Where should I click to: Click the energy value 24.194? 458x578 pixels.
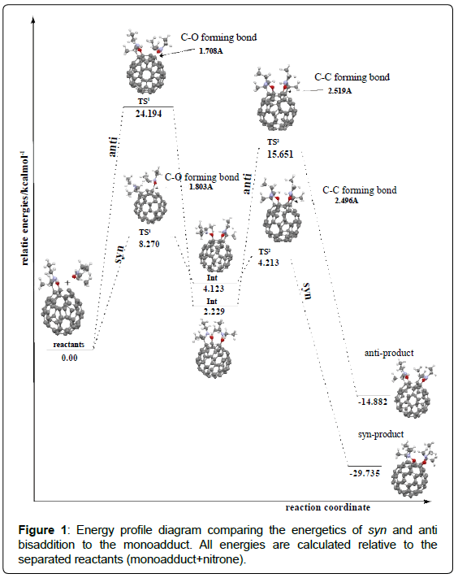149,114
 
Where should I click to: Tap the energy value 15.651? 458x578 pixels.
280,154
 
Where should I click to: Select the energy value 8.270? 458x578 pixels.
149,244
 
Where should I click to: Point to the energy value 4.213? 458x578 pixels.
269,263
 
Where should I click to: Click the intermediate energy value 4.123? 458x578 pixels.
214,289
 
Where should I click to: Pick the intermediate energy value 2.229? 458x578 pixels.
214,311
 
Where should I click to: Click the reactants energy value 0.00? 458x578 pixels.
70,358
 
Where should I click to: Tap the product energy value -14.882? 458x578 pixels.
373,402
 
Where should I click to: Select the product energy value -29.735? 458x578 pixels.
365,473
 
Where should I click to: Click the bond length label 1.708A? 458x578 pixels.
211,51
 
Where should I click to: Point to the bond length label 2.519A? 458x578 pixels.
339,91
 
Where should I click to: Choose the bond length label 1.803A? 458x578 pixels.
201,187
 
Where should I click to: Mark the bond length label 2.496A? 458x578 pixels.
347,201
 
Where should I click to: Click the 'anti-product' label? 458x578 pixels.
389,353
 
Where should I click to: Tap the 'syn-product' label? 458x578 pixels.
381,435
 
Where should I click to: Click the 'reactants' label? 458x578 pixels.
69,345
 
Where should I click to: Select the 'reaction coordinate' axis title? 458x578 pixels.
328,507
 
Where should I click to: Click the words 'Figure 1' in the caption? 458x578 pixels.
42,530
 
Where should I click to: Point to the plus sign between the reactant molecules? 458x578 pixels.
67,282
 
